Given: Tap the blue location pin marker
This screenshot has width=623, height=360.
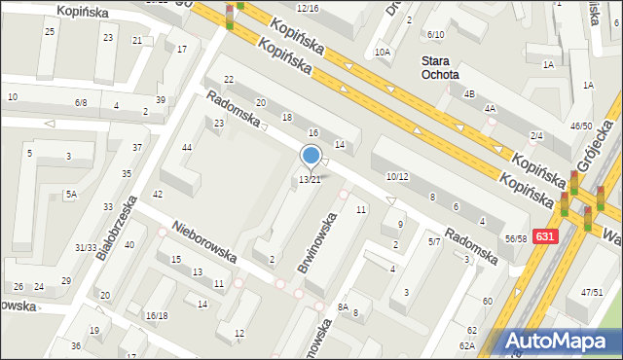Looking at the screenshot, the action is coord(311,156).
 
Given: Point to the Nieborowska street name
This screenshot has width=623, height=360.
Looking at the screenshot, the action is coord(204,241).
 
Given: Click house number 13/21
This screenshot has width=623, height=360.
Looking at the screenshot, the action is coord(310,180).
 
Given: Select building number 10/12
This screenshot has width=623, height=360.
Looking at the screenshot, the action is coord(396,176).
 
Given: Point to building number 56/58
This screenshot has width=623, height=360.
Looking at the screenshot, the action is coord(515,238).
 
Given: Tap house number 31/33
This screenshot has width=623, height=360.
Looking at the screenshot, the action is coord(86,247).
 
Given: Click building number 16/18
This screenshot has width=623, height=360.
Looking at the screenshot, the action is coord(157,315).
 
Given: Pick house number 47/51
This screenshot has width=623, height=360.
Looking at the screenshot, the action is coord(592,292).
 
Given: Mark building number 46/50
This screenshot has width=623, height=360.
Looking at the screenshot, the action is coord(581,126).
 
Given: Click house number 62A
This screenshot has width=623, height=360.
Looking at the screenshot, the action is coord(468,345).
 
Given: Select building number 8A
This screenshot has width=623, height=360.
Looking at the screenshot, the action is coord(343,306).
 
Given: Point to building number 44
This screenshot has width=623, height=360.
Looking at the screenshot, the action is coord(186,147).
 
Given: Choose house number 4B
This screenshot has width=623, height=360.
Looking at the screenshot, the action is coord(469,94).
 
